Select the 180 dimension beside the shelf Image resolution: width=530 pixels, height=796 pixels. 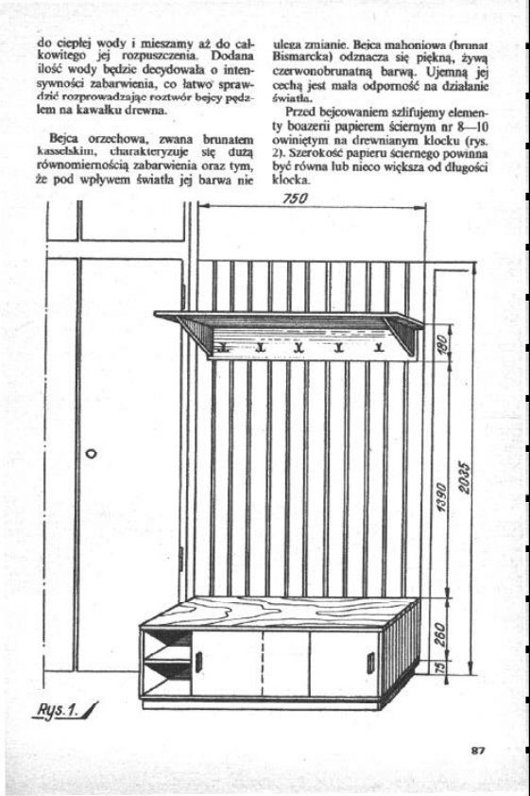click(441, 348)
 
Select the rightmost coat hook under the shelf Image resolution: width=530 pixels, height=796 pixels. click(380, 352)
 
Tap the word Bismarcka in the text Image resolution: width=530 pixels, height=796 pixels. click(299, 57)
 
